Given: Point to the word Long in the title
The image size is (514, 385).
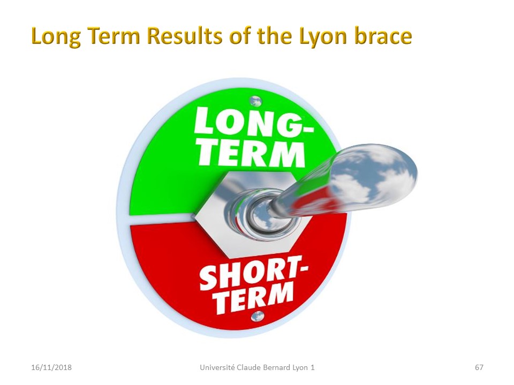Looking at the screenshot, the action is (55, 37).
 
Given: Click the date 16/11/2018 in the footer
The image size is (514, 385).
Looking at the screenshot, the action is (51, 367).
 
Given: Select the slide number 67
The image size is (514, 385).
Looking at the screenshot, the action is (479, 367).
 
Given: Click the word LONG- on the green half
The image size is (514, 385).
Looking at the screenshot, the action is (253, 122).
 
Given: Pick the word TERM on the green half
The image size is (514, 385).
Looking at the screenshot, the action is (252, 155).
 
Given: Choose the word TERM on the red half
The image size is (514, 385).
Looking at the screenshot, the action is (254, 298).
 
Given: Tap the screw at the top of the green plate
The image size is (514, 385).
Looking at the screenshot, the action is (255, 101).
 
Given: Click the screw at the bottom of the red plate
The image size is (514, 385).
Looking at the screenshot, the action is (258, 316).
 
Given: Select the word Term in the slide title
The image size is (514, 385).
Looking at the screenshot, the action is (112, 36).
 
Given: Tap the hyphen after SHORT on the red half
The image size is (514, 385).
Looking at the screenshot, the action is (304, 268).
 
